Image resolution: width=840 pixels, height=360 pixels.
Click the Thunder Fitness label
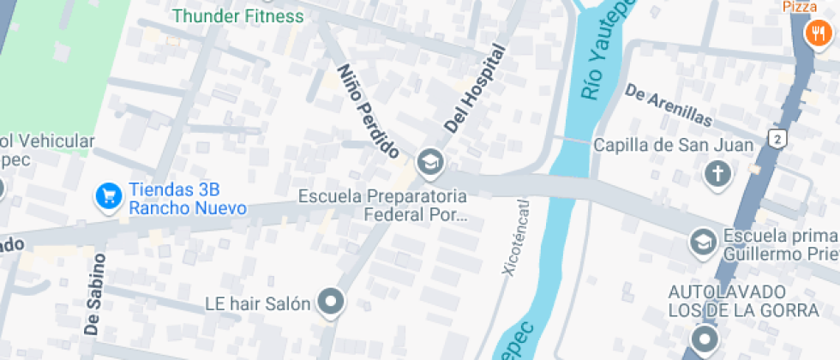point(237,15)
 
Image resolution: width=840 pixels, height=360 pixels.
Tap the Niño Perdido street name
point(369,111)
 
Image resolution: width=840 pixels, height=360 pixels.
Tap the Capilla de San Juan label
point(674,145)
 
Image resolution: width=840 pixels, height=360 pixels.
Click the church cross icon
point(717,175)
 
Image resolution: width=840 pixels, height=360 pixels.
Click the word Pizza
point(799,7)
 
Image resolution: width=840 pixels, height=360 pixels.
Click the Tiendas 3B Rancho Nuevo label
point(187,199)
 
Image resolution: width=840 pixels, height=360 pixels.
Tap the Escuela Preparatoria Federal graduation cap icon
point(429,160)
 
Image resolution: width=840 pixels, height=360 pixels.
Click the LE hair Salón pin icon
point(331,302)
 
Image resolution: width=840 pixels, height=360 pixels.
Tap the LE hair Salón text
point(257,303)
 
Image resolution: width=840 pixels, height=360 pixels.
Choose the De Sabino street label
point(96,294)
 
